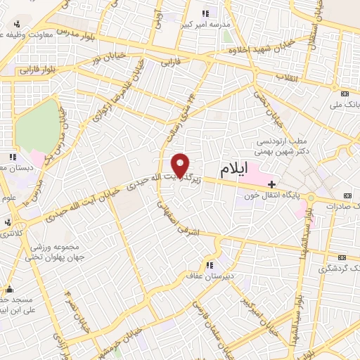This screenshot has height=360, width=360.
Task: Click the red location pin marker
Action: pos(181,166)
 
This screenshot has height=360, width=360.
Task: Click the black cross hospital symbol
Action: pos(273,185)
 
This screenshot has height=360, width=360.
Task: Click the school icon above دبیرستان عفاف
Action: pos(209,265)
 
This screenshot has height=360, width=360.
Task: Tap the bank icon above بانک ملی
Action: pos(345,94)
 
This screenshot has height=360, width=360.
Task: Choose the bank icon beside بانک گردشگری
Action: pos(342,257)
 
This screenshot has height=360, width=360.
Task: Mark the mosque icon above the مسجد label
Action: pos(9,289)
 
